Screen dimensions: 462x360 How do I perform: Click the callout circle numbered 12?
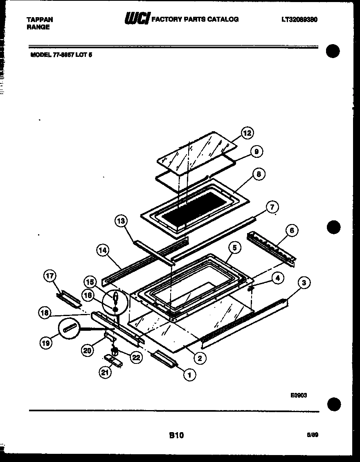pos(247,133)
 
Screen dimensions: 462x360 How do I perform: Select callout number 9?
pos(256,152)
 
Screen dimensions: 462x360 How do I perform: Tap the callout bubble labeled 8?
pos(258,174)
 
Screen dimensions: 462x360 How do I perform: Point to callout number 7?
pos(272,207)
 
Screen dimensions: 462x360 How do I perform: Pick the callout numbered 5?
pos(234,247)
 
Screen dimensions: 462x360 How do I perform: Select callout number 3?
pos(304,282)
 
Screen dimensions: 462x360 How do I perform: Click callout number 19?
pos(46,343)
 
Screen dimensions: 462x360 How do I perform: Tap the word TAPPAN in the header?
pos(39,19)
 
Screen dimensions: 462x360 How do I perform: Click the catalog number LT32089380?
pos(300,19)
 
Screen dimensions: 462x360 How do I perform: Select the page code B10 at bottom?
pos(176,435)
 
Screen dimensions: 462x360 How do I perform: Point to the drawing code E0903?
pos(299,395)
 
